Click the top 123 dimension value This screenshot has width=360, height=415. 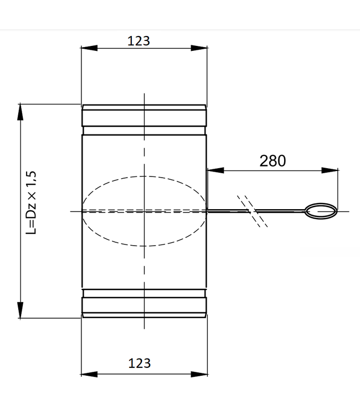point(139,41)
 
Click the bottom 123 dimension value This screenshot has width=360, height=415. point(139,363)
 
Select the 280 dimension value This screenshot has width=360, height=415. point(272,160)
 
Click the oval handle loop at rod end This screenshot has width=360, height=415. point(321,211)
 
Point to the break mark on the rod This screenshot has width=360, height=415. point(253,211)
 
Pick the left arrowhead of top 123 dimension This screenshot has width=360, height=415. point(86,49)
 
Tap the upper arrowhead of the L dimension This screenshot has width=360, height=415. point(20,111)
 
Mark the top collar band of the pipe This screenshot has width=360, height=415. point(144,117)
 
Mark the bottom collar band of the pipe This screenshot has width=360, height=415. point(144,305)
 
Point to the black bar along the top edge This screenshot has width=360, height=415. point(180,14)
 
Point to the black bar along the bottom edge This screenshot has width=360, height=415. point(180,400)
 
